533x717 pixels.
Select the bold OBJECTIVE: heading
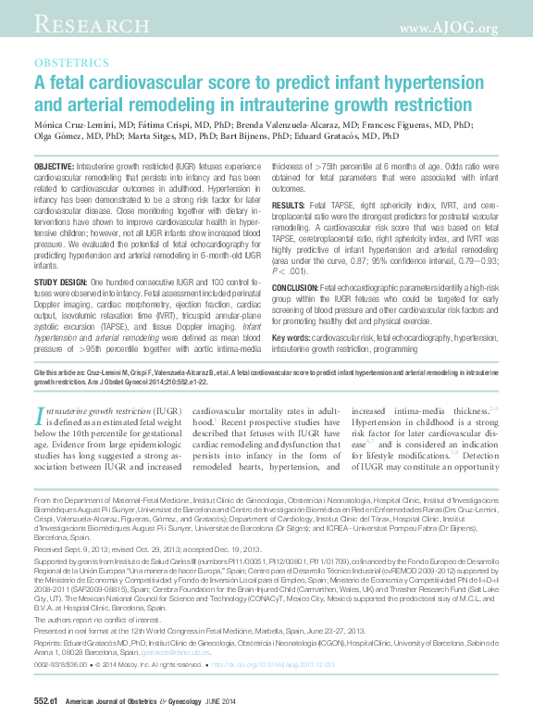point(60,164)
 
